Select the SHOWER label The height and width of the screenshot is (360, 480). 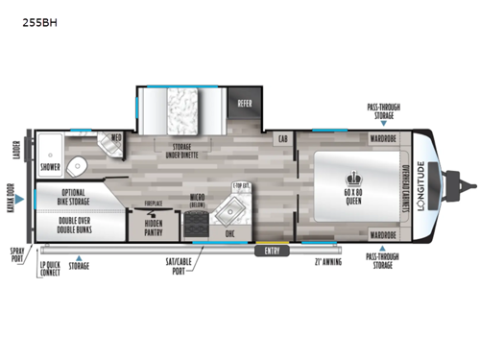pyautogui.click(x=51, y=166)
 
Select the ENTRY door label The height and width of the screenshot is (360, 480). pyautogui.click(x=273, y=252)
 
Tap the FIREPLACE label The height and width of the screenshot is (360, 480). pyautogui.click(x=154, y=204)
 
